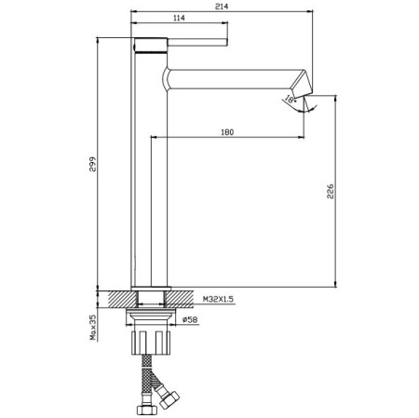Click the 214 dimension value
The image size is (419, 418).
(222, 7)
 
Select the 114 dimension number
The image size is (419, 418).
(179, 18)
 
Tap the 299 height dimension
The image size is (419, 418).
(93, 164)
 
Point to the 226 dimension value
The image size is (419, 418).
(331, 191)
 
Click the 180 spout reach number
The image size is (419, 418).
(227, 132)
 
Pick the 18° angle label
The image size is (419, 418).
(290, 99)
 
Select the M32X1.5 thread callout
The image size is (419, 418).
(218, 299)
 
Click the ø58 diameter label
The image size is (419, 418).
(190, 319)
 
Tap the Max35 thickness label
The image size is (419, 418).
(93, 327)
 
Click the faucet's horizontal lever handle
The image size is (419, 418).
(197, 42)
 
